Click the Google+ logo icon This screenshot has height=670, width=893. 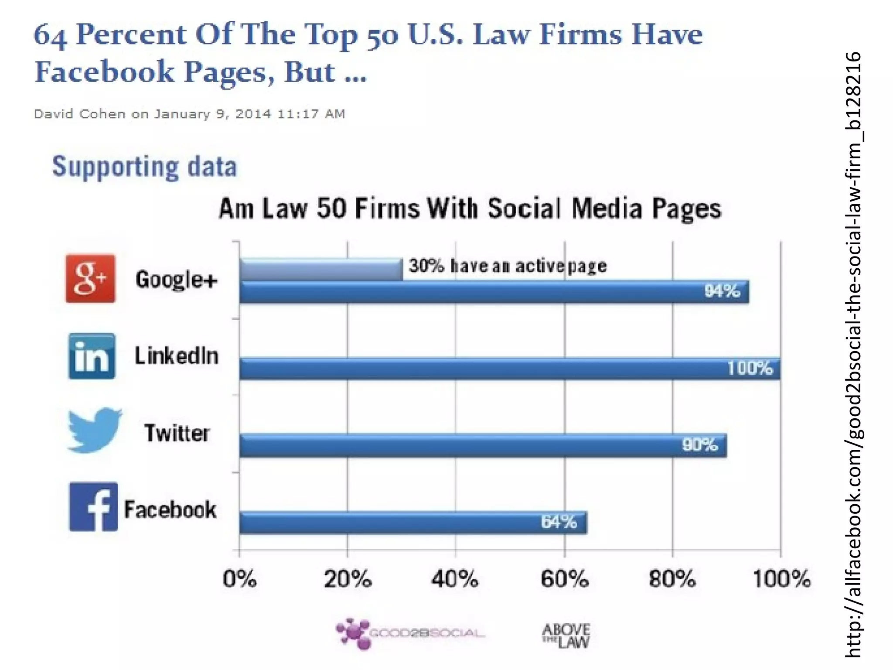pyautogui.click(x=90, y=278)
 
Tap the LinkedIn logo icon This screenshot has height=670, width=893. pyautogui.click(x=92, y=356)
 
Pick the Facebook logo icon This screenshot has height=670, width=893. pyautogui.click(x=93, y=506)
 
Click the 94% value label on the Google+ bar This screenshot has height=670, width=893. pyautogui.click(x=722, y=291)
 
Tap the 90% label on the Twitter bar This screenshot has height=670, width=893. pyautogui.click(x=699, y=445)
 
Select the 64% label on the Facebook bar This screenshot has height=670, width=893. pyautogui.click(x=559, y=522)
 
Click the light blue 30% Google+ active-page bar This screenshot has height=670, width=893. pyautogui.click(x=321, y=270)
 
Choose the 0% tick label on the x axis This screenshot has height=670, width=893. pyautogui.click(x=239, y=579)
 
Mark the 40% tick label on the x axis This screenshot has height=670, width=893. pyautogui.click(x=455, y=579)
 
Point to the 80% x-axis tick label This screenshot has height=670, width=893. pyautogui.click(x=672, y=579)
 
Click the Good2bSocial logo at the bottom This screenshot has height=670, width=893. pyautogui.click(x=410, y=633)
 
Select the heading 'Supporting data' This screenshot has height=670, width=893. pyautogui.click(x=144, y=167)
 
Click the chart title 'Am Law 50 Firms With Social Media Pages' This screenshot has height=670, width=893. pyautogui.click(x=470, y=209)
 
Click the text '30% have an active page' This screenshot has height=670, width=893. pyautogui.click(x=508, y=266)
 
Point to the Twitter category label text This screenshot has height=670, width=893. pyautogui.click(x=177, y=433)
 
